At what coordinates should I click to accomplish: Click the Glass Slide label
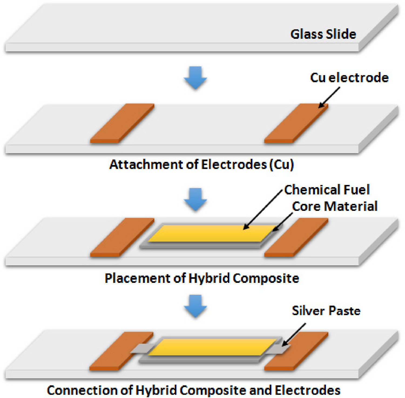323,34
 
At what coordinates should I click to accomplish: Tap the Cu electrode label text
349,78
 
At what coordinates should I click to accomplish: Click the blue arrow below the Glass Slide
195,78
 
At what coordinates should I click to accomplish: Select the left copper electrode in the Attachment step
122,123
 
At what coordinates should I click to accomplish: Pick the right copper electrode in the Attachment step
296,123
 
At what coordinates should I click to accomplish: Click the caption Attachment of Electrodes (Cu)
201,164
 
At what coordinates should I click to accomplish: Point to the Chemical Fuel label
327,190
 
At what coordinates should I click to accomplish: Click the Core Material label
335,206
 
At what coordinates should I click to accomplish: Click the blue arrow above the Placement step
195,200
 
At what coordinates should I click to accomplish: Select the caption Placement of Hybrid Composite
202,278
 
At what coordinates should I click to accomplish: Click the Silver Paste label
326,311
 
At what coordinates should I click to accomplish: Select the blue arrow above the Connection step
195,306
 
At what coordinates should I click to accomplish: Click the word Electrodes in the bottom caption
308,390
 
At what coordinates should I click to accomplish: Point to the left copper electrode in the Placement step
122,237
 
